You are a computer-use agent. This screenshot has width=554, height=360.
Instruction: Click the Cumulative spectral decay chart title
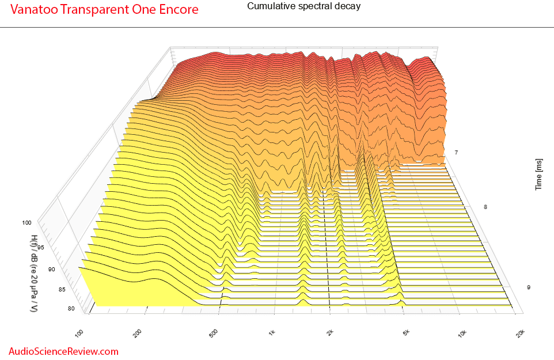click(304, 6)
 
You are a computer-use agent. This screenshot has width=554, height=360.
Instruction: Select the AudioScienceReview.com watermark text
click(63, 351)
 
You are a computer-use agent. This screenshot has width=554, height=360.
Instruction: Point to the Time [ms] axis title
click(538, 175)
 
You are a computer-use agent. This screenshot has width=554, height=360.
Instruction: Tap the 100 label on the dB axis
click(27, 222)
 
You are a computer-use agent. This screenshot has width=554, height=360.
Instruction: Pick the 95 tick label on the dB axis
click(41, 247)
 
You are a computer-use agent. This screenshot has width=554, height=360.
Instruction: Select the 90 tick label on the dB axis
click(52, 269)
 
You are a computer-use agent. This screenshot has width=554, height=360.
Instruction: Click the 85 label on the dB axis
click(62, 289)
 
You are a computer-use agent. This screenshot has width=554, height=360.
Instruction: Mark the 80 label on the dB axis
click(71, 308)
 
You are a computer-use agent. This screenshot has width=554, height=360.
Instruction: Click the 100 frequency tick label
click(79, 333)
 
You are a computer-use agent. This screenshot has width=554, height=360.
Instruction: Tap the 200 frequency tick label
click(138, 333)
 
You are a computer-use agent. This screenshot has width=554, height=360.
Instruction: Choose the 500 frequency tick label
click(214, 333)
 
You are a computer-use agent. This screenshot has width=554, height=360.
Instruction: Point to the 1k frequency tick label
click(271, 332)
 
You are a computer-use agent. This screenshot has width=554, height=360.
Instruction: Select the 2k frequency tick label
click(330, 332)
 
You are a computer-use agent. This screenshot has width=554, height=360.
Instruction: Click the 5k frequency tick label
click(407, 332)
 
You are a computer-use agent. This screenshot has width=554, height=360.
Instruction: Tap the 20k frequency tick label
click(521, 333)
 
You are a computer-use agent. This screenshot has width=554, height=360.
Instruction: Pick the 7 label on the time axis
click(456, 152)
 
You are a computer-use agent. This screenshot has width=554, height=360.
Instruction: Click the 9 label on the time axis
click(529, 287)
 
